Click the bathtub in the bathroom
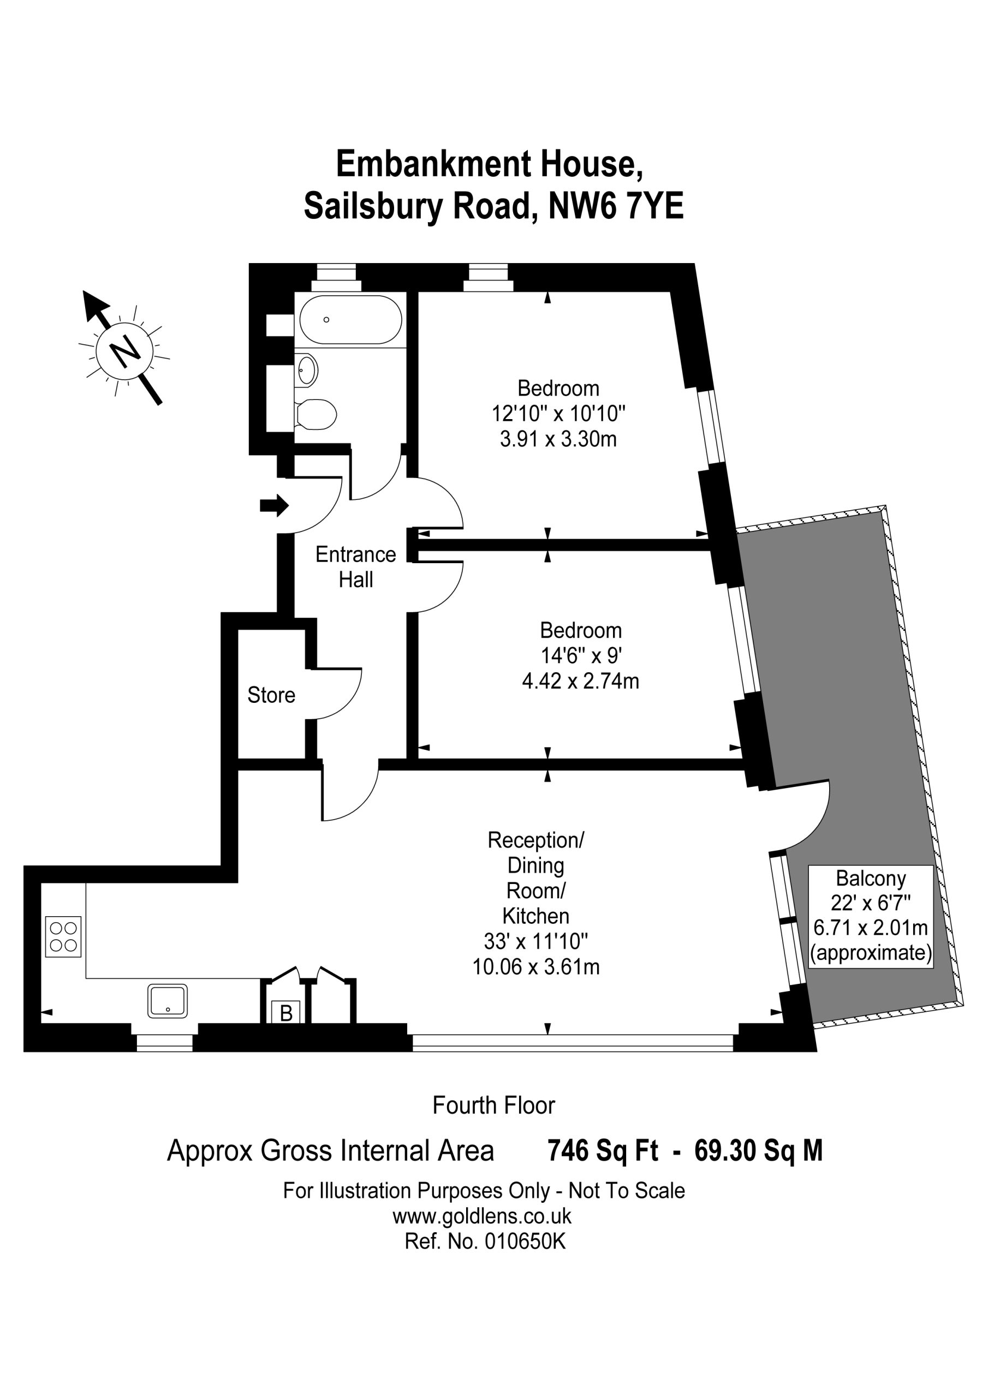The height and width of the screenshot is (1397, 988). pos(350,320)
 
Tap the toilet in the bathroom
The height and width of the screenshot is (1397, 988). pos(316,414)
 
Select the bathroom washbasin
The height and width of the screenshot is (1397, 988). pos(306,370)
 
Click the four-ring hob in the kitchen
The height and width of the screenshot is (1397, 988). pos(63,936)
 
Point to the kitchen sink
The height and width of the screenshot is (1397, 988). pos(168,1001)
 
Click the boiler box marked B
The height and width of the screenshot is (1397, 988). pos(286,1013)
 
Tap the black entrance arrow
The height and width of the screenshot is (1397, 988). pos(274,505)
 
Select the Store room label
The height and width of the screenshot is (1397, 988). pos(271,695)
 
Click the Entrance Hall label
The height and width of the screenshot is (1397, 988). pos(355,566)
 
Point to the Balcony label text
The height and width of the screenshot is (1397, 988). pos(871,878)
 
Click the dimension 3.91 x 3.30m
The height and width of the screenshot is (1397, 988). pos(558,439)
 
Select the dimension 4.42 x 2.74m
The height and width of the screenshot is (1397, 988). pos(580,681)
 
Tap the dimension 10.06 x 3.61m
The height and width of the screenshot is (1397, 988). pos(535,967)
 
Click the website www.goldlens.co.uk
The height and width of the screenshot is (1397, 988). pos(482,1216)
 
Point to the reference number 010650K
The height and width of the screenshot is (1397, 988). pos(525,1241)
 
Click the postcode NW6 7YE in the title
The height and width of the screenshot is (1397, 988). pos(616,206)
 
